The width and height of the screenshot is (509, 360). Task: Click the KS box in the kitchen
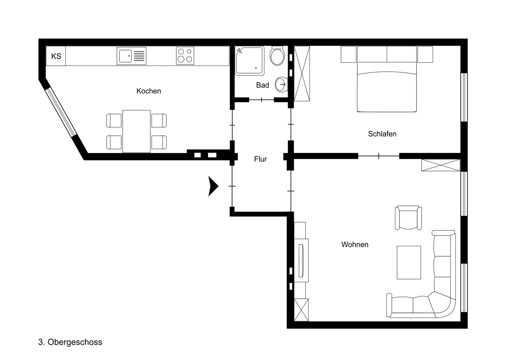[x=56, y=56]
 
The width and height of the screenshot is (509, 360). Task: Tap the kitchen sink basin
[x=126, y=56]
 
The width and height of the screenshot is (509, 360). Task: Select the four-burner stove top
[x=185, y=56]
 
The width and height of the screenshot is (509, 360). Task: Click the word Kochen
[x=149, y=91]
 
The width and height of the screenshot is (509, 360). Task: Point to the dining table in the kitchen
[x=136, y=131]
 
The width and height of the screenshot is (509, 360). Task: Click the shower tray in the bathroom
[x=250, y=61]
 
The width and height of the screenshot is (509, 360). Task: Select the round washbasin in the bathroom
[x=281, y=84]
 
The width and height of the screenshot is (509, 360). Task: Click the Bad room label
[x=263, y=85]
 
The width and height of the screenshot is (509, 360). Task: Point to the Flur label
[x=260, y=159]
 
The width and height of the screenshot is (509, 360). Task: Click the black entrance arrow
[x=213, y=186]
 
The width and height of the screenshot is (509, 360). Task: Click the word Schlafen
[x=382, y=134]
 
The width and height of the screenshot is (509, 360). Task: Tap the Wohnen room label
[x=355, y=244]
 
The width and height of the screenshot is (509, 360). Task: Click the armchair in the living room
[x=408, y=218]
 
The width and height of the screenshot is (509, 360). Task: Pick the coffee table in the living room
[x=409, y=262]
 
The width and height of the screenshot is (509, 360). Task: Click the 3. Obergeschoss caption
[x=70, y=342]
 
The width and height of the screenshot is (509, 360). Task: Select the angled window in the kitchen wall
[x=61, y=112]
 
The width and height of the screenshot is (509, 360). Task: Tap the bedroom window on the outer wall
[x=464, y=97]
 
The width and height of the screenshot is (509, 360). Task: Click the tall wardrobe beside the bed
[x=302, y=74]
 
